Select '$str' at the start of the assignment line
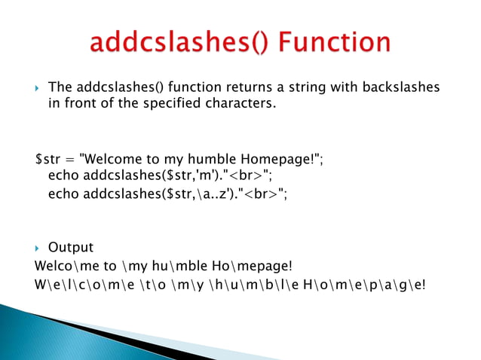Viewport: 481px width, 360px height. (47, 160)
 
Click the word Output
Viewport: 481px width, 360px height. (71, 248)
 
